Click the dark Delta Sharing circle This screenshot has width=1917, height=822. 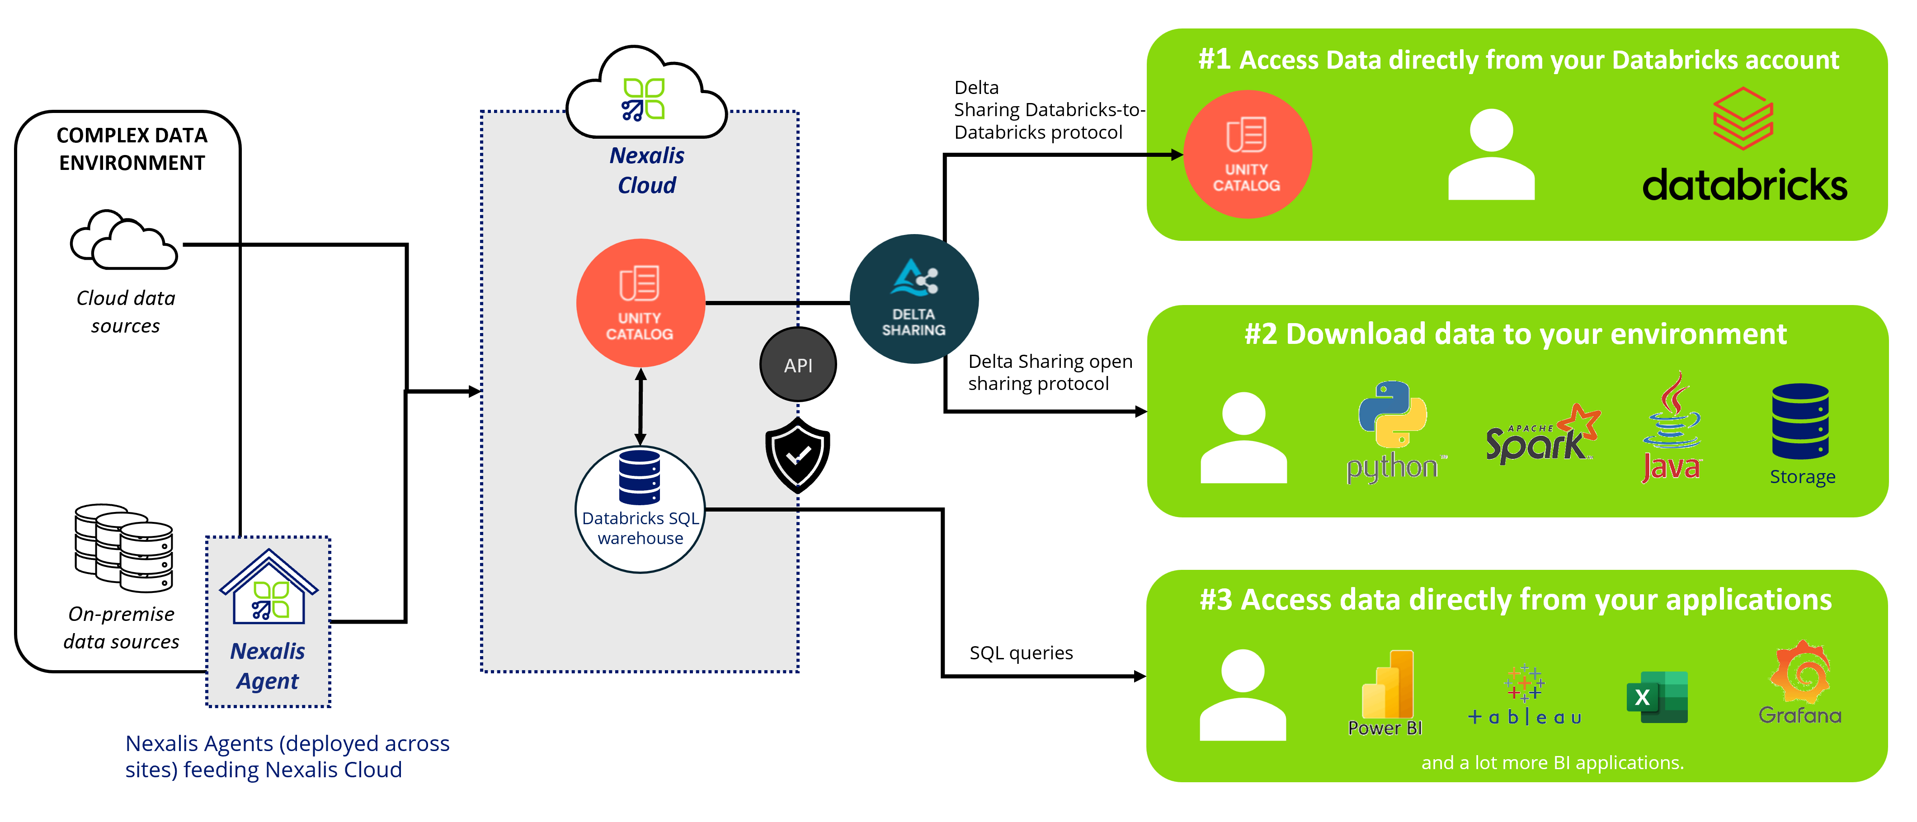914,299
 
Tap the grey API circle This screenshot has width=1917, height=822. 798,365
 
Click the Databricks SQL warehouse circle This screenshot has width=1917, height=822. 640,510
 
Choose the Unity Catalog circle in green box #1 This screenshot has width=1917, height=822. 1247,155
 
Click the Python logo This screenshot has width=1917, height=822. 1393,432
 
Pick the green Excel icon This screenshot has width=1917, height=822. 1657,697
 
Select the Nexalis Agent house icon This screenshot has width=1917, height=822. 268,587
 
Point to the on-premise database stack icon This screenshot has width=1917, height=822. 123,548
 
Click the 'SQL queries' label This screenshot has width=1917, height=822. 1021,653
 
